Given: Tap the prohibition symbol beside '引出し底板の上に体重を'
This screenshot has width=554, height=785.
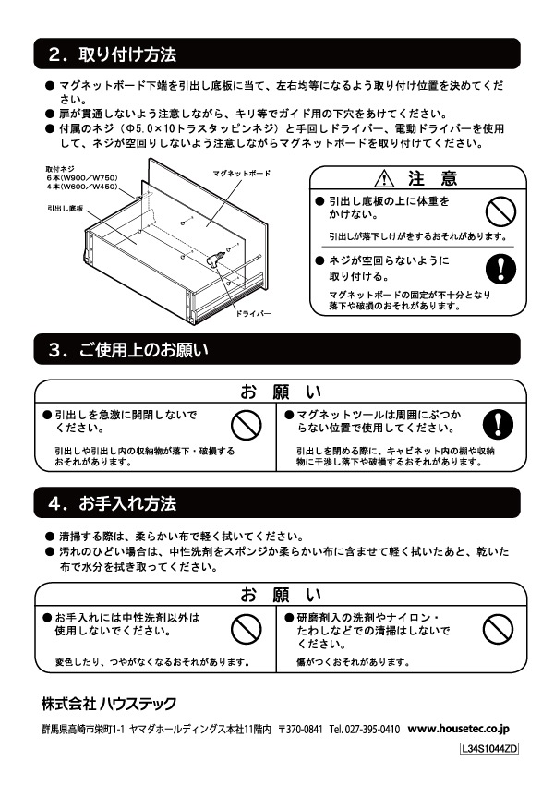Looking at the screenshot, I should (499, 211).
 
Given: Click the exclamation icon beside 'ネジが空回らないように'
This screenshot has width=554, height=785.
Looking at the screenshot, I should (499, 267).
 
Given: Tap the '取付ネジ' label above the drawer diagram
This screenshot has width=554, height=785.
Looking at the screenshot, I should (59, 169).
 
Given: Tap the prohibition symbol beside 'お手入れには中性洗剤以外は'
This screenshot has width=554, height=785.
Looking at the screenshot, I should (246, 628).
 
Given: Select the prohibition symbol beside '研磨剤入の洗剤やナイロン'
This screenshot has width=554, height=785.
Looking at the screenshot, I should (499, 628).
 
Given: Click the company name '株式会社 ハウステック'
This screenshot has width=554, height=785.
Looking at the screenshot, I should (108, 704).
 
